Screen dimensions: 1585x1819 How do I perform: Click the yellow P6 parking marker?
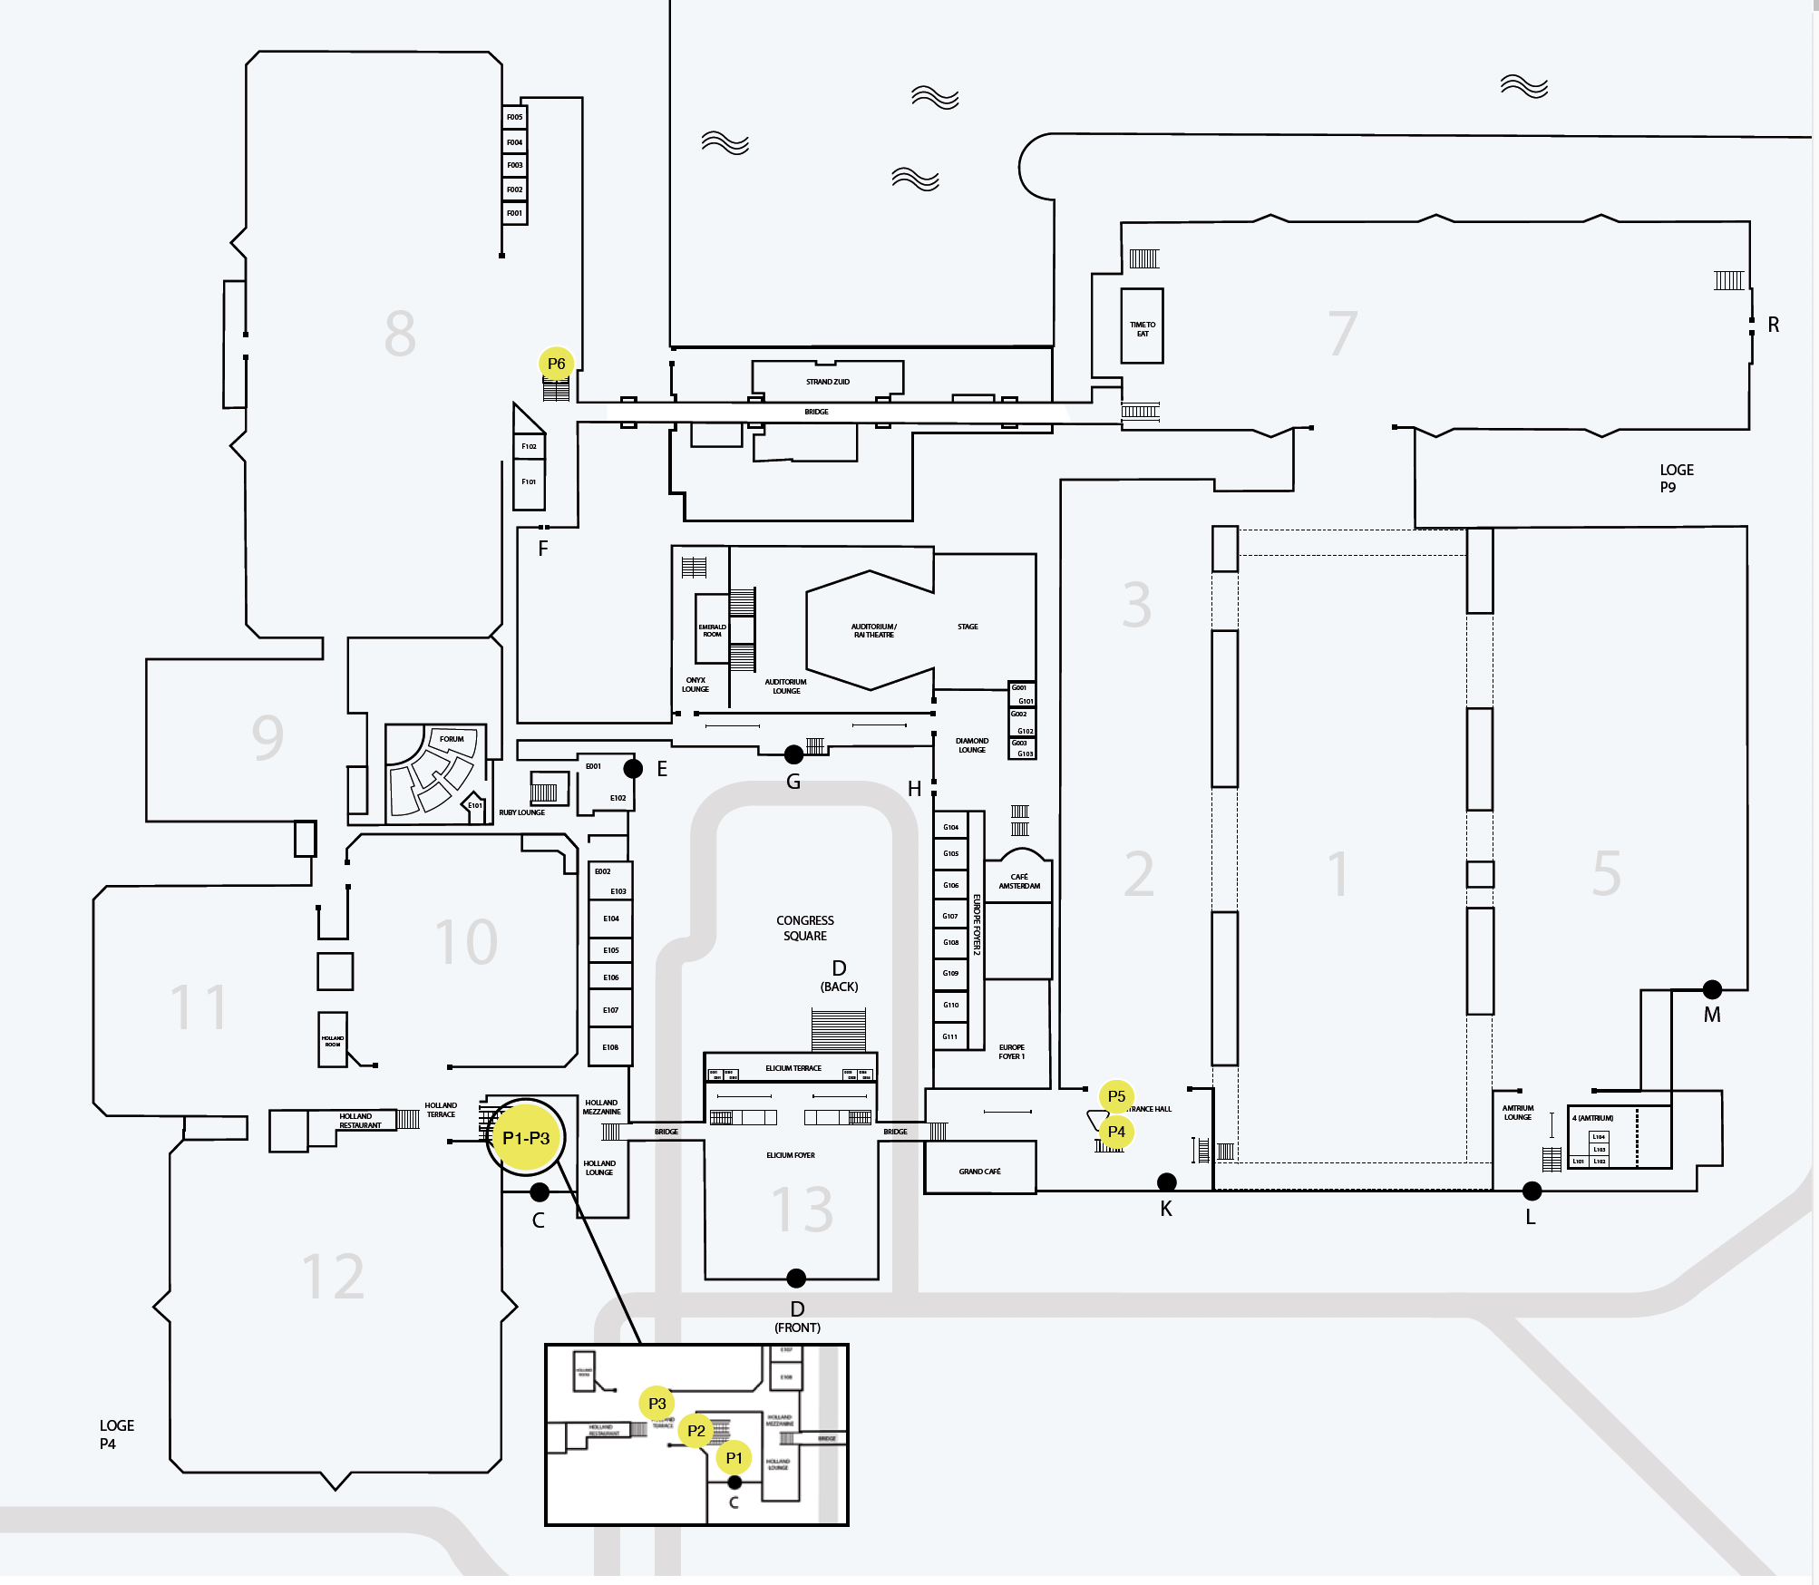tap(556, 364)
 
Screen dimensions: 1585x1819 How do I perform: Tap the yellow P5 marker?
tap(1116, 1096)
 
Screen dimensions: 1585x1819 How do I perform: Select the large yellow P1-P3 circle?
tap(526, 1138)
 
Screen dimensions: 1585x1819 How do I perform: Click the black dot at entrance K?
tap(1167, 1181)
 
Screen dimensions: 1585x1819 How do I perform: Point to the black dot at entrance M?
tap(1712, 989)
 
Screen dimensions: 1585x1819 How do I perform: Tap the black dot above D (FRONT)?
tap(796, 1278)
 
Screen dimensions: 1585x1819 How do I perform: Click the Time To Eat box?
tap(1143, 326)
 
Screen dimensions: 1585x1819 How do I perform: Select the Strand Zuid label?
tap(828, 382)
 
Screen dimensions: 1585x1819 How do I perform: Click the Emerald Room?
tap(712, 629)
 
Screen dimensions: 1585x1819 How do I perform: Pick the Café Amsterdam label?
tap(1019, 881)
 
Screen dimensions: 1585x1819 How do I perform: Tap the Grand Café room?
tap(980, 1171)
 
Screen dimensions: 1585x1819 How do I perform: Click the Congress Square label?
tap(805, 928)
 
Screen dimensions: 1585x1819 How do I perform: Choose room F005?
tap(515, 117)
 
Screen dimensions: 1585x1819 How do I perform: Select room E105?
tap(611, 950)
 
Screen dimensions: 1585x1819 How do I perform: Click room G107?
tap(950, 916)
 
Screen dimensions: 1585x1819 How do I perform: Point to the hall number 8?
tap(400, 333)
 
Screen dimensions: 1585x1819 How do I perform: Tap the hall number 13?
tap(802, 1210)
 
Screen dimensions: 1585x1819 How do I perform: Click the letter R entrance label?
tap(1774, 325)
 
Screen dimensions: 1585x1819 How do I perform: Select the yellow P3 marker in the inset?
tap(657, 1403)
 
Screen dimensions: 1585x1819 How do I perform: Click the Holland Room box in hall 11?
tap(333, 1040)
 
